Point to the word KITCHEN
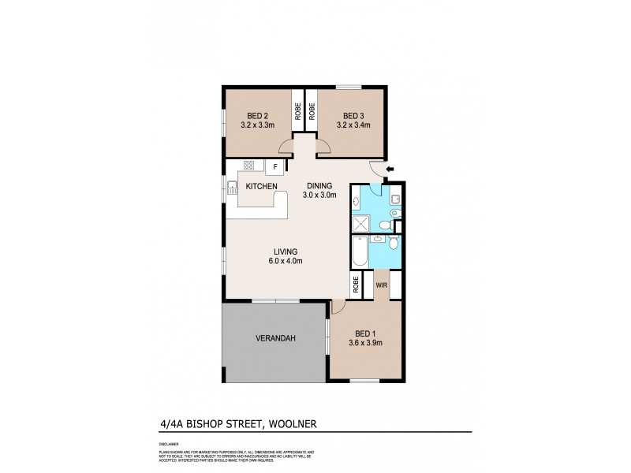(x=261, y=186)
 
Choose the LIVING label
(x=286, y=251)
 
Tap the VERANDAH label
(x=275, y=339)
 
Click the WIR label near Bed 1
(x=380, y=285)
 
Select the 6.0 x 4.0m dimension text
(x=286, y=261)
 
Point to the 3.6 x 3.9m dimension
(x=365, y=343)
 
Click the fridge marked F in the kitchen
(x=276, y=166)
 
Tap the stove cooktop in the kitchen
(x=249, y=166)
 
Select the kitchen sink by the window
(x=232, y=188)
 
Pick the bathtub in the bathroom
(x=359, y=253)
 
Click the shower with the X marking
(x=359, y=222)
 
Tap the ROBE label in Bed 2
(x=298, y=112)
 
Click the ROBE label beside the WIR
(x=357, y=285)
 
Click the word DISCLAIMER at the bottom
(x=168, y=445)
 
